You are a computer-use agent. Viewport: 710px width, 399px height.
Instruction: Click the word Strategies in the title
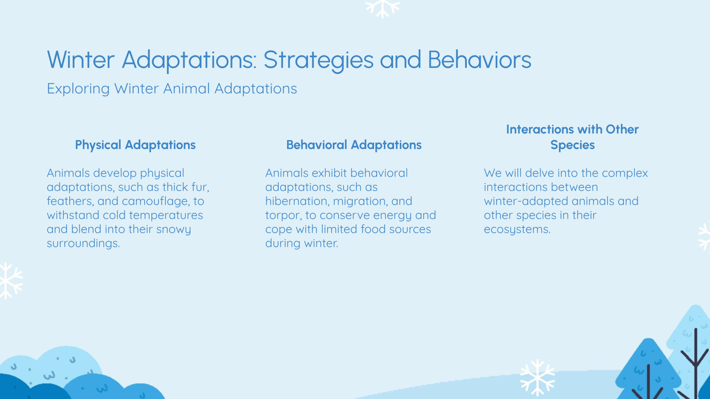tap(318, 60)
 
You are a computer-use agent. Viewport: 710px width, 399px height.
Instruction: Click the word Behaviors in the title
tap(479, 60)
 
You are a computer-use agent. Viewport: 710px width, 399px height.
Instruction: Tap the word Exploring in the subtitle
tap(78, 89)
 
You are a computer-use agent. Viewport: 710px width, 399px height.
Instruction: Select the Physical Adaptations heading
tap(135, 145)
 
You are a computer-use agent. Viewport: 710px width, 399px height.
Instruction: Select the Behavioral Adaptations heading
tap(354, 145)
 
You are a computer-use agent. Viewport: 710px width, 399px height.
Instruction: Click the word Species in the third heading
tap(572, 145)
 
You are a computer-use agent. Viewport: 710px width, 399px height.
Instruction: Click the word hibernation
tap(297, 201)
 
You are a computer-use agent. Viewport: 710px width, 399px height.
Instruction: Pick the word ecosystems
tap(517, 230)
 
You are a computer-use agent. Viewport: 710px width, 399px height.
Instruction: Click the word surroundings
tap(83, 243)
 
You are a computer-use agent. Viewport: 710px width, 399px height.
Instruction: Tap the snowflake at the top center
tap(383, 8)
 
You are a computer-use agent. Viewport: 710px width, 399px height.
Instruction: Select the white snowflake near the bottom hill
tap(537, 377)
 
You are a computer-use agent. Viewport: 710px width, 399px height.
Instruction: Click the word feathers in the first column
tap(70, 201)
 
